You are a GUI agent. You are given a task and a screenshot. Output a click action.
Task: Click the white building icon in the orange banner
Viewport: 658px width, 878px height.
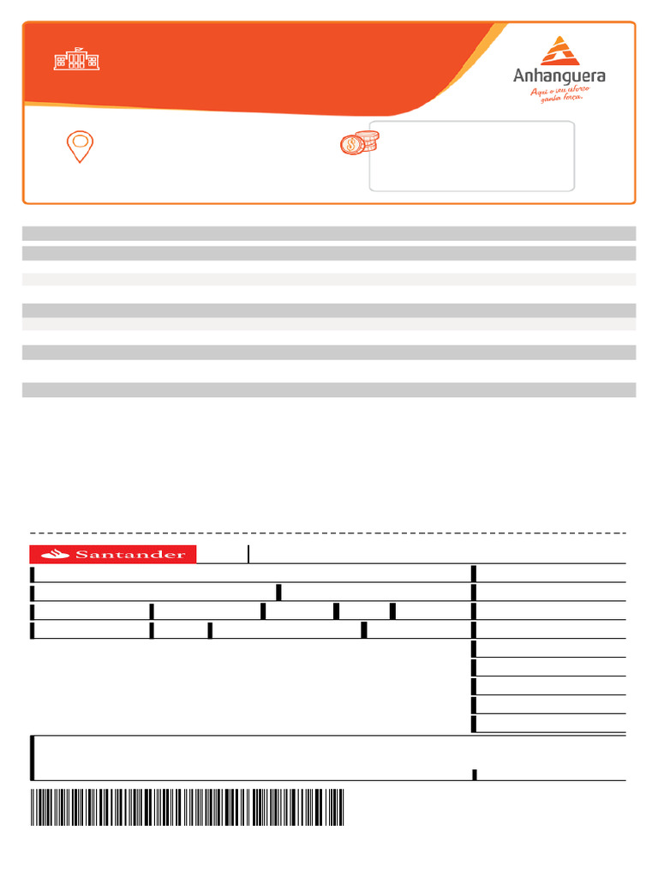[x=76, y=59]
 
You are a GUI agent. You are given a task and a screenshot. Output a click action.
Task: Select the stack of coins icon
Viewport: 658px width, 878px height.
[x=360, y=143]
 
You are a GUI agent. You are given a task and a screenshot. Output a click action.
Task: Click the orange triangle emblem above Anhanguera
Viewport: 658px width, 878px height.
[x=559, y=51]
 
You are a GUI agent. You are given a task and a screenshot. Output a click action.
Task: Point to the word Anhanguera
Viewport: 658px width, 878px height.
[x=559, y=76]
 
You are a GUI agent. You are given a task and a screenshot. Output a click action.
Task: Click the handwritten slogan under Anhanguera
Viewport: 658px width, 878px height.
[x=559, y=94]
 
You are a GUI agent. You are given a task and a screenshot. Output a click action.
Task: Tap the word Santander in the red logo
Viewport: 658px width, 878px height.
[x=130, y=555]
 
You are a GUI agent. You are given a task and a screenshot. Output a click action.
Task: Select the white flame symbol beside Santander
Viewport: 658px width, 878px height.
[x=56, y=555]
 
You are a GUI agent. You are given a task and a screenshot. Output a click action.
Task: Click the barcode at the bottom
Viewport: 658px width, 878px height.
[x=187, y=807]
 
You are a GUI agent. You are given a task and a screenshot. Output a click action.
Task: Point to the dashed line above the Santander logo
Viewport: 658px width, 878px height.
[x=328, y=533]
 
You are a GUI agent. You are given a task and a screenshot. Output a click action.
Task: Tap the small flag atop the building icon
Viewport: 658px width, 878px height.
[x=78, y=49]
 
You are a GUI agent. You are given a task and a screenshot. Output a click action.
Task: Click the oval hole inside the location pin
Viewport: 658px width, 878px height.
[x=80, y=140]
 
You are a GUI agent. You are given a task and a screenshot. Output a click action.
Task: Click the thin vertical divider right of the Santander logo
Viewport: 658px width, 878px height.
[x=248, y=554]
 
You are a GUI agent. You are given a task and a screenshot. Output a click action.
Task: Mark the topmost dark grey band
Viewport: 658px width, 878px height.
[x=329, y=233]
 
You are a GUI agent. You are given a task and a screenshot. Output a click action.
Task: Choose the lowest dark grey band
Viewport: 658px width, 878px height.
[x=329, y=390]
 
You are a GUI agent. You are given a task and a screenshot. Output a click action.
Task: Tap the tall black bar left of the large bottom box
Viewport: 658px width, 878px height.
[x=32, y=758]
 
